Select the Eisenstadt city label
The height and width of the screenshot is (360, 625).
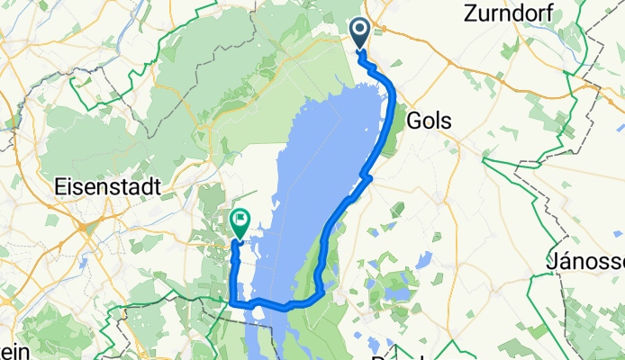(x=108, y=187)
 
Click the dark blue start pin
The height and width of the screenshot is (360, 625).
(x=358, y=34)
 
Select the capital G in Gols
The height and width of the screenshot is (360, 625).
(x=417, y=120)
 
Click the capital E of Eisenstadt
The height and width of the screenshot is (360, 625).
(x=61, y=187)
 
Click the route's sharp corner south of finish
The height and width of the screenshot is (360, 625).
(x=232, y=303)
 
